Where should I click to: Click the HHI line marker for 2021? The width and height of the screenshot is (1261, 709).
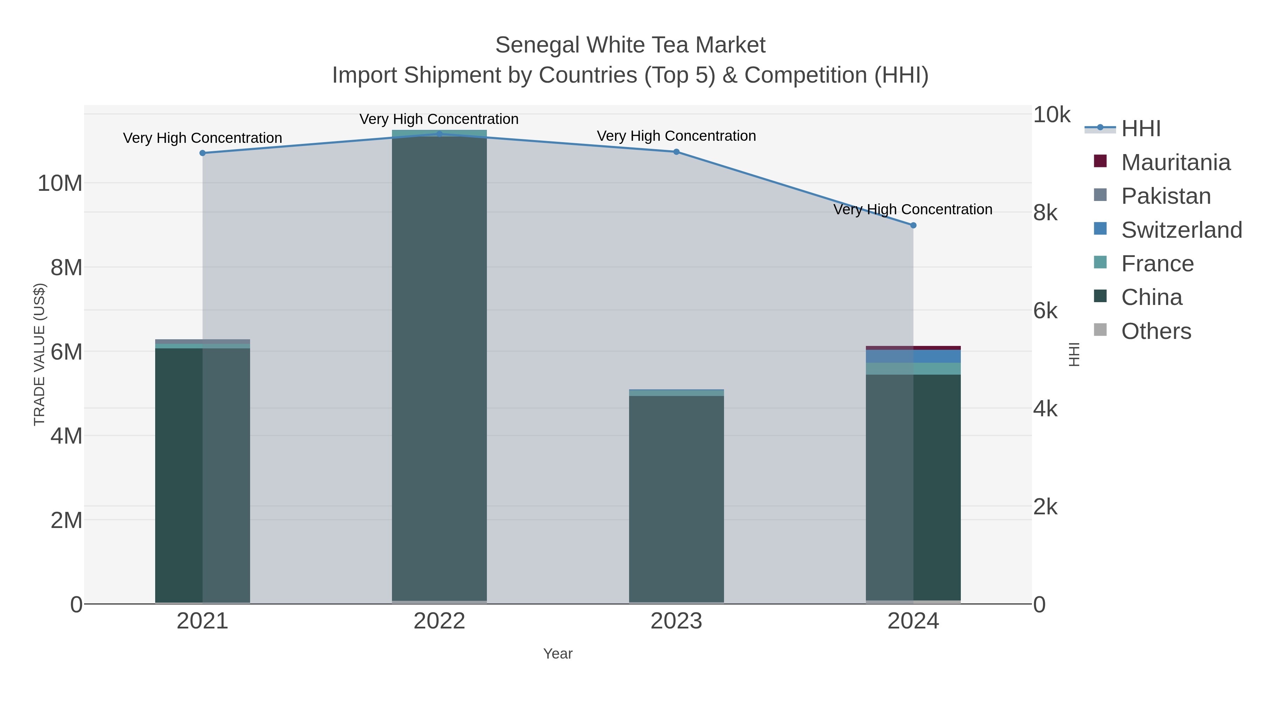point(203,153)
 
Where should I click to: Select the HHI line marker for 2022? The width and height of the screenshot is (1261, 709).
point(439,134)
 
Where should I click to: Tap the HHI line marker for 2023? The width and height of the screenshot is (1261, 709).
point(676,152)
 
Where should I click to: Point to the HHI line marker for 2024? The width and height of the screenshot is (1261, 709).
point(913,225)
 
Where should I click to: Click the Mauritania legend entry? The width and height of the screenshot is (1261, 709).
point(1175,162)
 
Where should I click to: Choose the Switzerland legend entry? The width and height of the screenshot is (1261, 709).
point(1181,230)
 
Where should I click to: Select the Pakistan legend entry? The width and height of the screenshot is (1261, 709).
point(1165,196)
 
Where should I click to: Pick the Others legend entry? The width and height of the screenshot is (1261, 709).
point(1155,331)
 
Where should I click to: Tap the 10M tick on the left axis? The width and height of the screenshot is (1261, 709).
point(60,183)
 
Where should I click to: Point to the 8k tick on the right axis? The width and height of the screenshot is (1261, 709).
point(1046,213)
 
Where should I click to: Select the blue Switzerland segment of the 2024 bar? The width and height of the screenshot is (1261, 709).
point(913,356)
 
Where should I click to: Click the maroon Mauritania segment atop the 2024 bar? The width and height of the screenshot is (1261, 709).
point(913,348)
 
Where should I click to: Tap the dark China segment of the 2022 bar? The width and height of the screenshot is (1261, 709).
point(439,367)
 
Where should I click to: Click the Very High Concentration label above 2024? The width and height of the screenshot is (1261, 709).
point(913,209)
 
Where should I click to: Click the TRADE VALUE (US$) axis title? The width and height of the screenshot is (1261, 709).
point(39,354)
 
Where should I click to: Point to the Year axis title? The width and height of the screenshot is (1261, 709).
point(558,654)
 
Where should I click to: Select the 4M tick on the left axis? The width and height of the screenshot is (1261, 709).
point(66,436)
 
